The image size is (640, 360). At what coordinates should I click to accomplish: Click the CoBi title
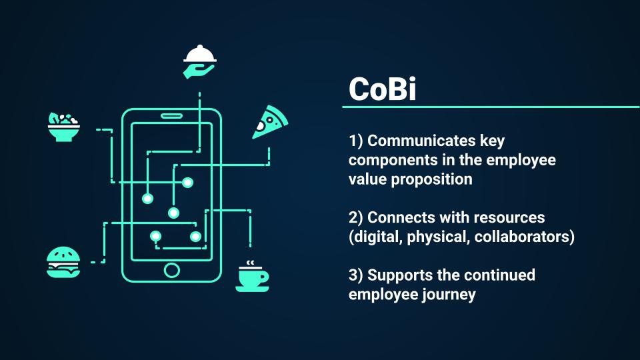383,89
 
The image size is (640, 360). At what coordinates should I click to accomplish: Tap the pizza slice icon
270,122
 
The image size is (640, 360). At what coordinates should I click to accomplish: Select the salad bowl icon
64,127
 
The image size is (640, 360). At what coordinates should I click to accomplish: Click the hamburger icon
63,262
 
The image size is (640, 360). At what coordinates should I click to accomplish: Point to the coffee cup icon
252,279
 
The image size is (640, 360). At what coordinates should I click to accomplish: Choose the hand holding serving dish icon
199,61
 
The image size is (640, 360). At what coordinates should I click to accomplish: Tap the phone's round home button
172,270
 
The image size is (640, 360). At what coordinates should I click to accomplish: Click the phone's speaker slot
172,116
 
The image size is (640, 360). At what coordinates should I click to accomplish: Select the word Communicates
421,141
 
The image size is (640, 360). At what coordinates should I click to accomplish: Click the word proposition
431,180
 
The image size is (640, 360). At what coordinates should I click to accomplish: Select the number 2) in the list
355,217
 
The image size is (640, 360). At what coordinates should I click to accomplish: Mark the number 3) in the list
355,275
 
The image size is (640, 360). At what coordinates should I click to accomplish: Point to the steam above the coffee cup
250,263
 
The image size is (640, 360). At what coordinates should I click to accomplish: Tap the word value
367,179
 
